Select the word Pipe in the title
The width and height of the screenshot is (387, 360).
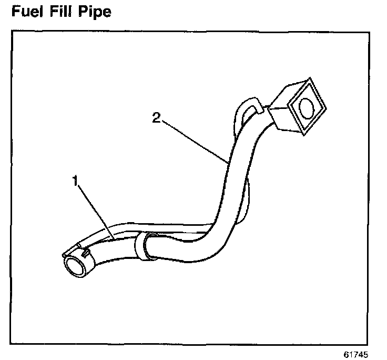click(97, 12)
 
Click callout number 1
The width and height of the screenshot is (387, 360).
click(75, 182)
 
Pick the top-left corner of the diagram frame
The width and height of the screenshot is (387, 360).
click(12, 31)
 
